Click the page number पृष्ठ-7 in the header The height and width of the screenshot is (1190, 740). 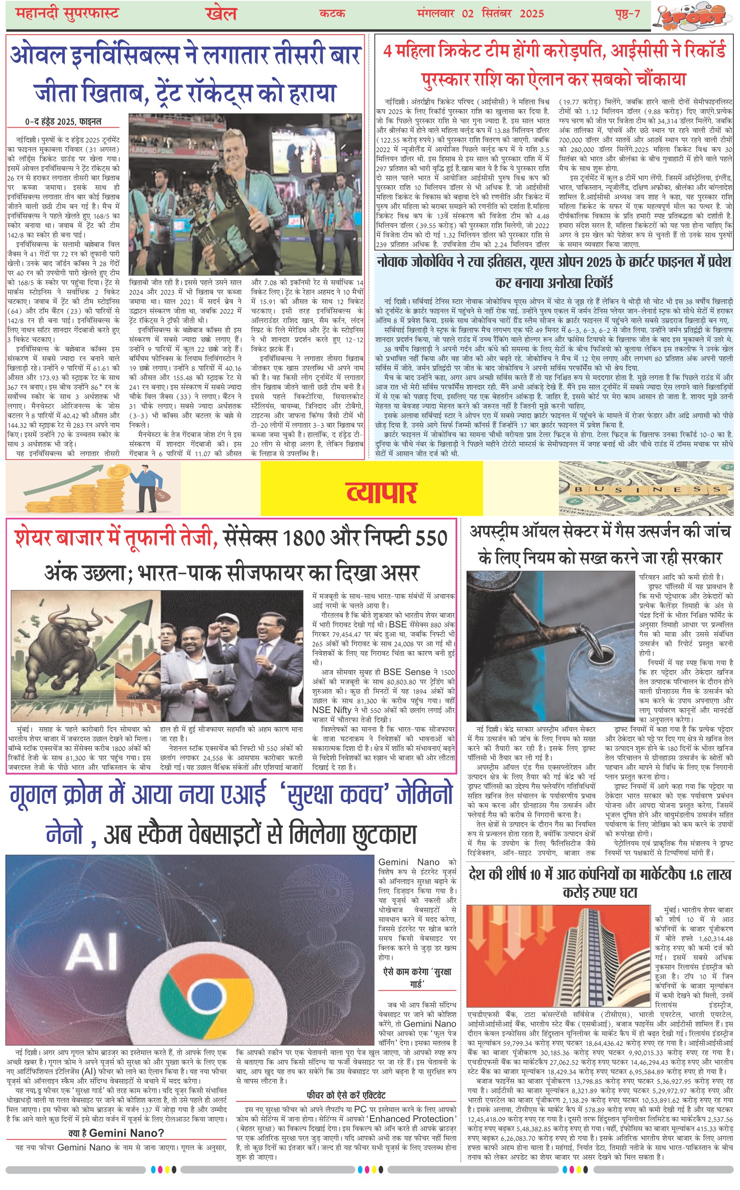pyautogui.click(x=627, y=13)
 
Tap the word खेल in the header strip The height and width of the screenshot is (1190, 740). pyautogui.click(x=221, y=14)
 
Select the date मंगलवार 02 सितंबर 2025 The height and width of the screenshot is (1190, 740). pyautogui.click(x=480, y=13)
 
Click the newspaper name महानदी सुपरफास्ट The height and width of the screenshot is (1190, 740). pyautogui.click(x=67, y=13)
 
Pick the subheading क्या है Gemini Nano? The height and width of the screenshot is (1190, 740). pyautogui.click(x=116, y=1133)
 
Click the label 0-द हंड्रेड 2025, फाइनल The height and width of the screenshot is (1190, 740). pyautogui.click(x=63, y=122)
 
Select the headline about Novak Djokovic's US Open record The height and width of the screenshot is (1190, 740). pyautogui.click(x=554, y=272)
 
